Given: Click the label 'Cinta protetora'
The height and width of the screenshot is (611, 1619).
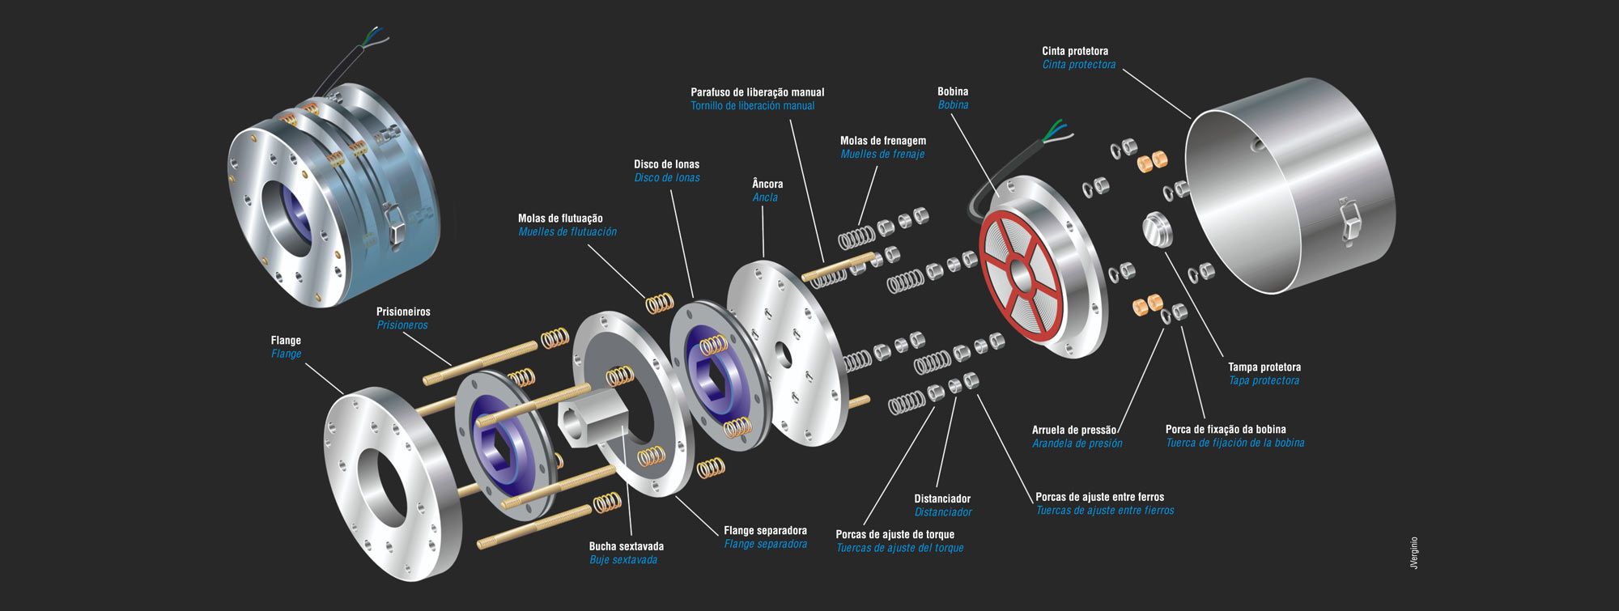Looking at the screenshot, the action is pos(1075,51).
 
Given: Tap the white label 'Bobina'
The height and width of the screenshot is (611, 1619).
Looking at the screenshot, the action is pos(953,91).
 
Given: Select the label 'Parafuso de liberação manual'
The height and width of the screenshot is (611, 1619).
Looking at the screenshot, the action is pos(757,92).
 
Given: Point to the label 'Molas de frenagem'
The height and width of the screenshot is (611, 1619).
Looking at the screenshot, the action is pos(882,141).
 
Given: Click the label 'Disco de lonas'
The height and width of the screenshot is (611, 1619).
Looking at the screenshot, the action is pos(666,164).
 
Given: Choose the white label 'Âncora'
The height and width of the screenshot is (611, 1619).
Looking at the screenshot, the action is pos(767,184).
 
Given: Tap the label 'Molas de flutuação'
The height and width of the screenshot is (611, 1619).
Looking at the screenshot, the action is pos(560,219).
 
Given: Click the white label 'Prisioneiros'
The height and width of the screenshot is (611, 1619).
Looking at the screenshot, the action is pos(403,312).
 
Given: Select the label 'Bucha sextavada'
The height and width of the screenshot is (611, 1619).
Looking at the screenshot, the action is pos(626,546).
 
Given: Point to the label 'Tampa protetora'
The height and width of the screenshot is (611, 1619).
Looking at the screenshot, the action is pos(1264,367).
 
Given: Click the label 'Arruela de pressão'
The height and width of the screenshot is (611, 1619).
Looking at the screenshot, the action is pos(1073,431).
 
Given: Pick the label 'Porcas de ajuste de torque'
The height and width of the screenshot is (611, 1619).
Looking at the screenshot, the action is pos(894,534).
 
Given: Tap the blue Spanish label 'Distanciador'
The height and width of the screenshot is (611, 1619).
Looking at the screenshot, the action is pos(943,512).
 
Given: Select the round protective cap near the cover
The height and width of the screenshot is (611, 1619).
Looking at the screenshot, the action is pos(1158,229).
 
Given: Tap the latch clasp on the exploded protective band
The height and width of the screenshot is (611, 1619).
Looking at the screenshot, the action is pos(1348,220).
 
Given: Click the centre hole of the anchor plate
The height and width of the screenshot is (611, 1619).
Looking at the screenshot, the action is pos(783,353).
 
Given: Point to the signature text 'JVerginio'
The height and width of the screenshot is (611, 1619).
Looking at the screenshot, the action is pos(1414,552).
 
